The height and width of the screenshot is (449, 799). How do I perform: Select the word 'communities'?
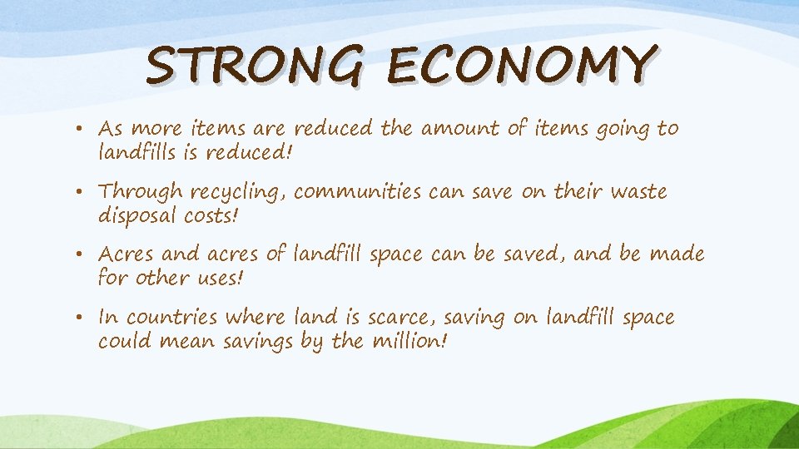tap(359, 192)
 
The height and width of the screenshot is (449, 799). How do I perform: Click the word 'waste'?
tap(638, 192)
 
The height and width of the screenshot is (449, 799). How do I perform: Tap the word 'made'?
tap(676, 254)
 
